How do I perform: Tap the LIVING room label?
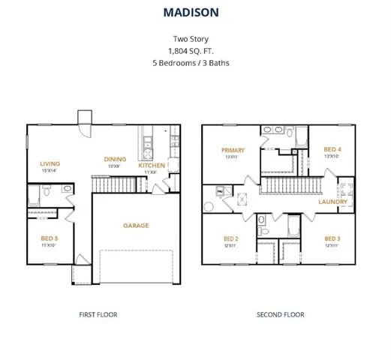pos(50,163)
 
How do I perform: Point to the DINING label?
pos(115,159)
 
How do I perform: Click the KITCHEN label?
pos(152,165)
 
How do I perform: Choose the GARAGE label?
pos(136,225)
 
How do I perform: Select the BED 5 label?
pos(50,238)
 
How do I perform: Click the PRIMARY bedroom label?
pos(233,150)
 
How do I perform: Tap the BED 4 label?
pos(332,149)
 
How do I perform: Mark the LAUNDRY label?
pos(332,202)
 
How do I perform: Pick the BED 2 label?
pos(231,238)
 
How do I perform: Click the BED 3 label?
pos(332,238)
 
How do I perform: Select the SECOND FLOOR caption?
pos(280,314)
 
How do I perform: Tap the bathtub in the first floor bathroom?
pos(35,197)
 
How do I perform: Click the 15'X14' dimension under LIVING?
pos(50,172)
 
